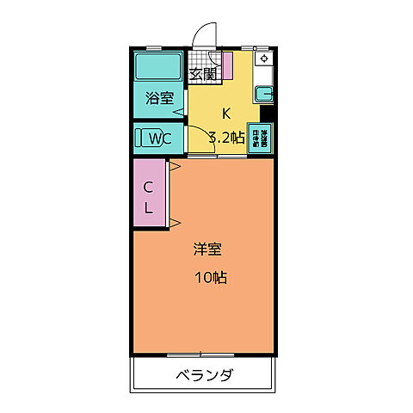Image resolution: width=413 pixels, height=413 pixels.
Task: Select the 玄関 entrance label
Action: click(x=202, y=74)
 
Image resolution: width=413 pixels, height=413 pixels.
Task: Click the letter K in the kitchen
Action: click(x=226, y=112)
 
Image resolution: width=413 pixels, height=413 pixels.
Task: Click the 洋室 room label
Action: click(x=206, y=250)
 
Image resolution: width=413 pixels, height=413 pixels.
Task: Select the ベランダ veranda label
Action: click(x=205, y=375)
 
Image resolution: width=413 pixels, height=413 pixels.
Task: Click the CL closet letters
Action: click(x=148, y=197)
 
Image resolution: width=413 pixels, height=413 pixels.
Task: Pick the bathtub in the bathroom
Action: click(x=157, y=65)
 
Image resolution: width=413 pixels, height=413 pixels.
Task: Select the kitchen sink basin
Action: click(x=265, y=92)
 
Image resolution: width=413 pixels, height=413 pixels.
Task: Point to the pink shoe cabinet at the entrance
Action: click(x=227, y=66)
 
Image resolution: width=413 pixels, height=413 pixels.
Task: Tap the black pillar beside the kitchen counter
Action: click(x=266, y=111)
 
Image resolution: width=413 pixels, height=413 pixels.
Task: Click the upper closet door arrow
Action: click(x=173, y=166)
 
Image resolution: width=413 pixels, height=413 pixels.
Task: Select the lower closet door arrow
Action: click(x=173, y=224)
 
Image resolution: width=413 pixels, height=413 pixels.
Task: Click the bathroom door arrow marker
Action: click(x=179, y=111)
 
